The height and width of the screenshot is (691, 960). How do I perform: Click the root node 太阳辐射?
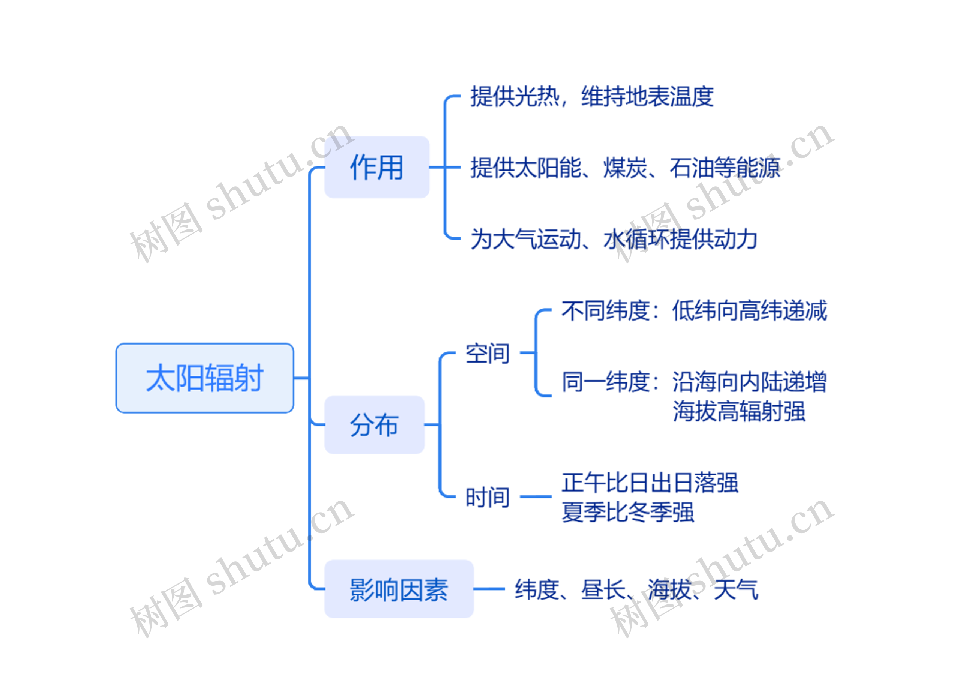[x=204, y=378]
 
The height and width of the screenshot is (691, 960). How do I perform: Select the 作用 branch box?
[x=377, y=167]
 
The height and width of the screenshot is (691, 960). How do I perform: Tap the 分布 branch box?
[x=374, y=425]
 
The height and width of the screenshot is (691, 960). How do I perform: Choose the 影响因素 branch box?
[x=399, y=589]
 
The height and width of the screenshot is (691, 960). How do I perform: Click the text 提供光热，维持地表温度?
[x=592, y=96]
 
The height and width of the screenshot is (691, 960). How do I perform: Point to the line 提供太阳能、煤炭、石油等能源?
[x=625, y=168]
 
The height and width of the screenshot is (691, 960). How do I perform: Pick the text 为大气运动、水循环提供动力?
[x=614, y=239]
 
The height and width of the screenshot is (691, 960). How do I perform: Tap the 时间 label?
[x=487, y=497]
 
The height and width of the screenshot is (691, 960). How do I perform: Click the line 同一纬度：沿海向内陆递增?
[x=694, y=382]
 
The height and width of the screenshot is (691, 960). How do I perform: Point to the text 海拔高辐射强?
[x=739, y=411]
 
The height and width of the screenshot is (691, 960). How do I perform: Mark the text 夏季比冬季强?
[x=628, y=512]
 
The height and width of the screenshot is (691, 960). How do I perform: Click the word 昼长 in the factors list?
[x=603, y=589]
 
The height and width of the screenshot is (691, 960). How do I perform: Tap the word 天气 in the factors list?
[x=736, y=589]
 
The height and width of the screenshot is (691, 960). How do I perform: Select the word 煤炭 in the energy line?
[x=625, y=168]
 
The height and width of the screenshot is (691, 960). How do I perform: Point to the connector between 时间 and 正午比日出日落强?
[x=535, y=497]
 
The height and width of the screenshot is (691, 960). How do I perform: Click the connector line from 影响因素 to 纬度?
[x=489, y=589]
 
